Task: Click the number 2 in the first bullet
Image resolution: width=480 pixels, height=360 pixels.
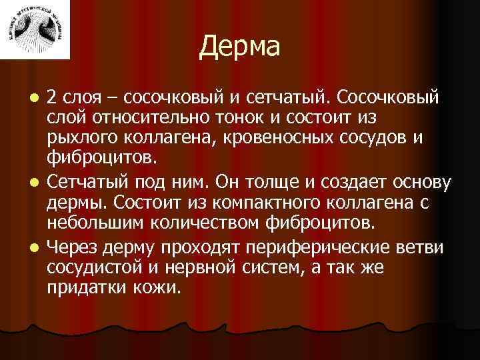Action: [53, 99]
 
